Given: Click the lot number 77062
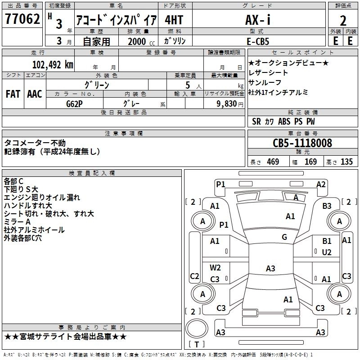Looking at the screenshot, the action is pyautogui.click(x=22, y=18).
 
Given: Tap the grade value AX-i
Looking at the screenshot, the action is pyautogui.click(x=258, y=19).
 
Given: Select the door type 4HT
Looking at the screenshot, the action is pyautogui.click(x=174, y=20).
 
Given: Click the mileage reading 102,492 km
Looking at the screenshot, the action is pyautogui.click(x=53, y=64).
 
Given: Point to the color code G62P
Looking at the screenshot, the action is pyautogui.click(x=74, y=104).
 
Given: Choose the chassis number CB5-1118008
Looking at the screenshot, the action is pyautogui.click(x=302, y=143).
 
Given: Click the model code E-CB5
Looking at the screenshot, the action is pyautogui.click(x=257, y=41).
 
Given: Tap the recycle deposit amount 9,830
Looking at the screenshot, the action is pyautogui.click(x=227, y=104).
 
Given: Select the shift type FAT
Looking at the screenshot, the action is pyautogui.click(x=13, y=94).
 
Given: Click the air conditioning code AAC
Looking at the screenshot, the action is pyautogui.click(x=35, y=94).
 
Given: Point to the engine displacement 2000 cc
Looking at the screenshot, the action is pyautogui.click(x=141, y=41).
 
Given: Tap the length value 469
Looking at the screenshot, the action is pyautogui.click(x=273, y=162).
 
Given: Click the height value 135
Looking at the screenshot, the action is pyautogui.click(x=346, y=162).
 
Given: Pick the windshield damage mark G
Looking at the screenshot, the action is pyautogui.click(x=284, y=237).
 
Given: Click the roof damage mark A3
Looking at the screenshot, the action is pyautogui.click(x=270, y=268).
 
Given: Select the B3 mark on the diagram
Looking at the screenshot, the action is pyautogui.click(x=327, y=206).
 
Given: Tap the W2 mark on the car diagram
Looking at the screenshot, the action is pyautogui.click(x=215, y=268).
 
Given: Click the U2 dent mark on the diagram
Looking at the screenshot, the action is pyautogui.click(x=327, y=252).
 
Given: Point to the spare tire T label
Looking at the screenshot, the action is pyautogui.click(x=197, y=344).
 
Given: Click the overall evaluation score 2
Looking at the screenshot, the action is pyautogui.click(x=343, y=21).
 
